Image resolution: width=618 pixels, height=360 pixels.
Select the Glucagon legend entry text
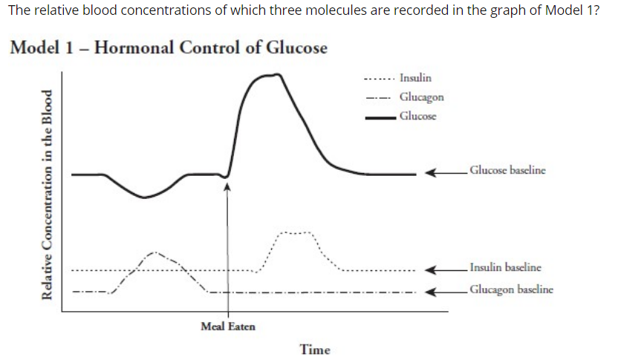[x=421, y=97]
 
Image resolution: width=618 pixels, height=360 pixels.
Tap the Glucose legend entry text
[x=417, y=116]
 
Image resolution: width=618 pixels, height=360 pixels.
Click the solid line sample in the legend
[x=378, y=117]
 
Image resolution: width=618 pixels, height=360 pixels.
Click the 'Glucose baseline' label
[x=507, y=170]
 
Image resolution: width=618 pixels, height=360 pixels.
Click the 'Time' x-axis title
[x=315, y=349]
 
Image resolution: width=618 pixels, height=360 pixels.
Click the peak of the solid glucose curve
[x=276, y=74]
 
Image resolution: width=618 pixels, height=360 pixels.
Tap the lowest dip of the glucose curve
[x=145, y=197]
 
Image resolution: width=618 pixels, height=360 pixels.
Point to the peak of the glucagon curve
[x=156, y=252]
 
